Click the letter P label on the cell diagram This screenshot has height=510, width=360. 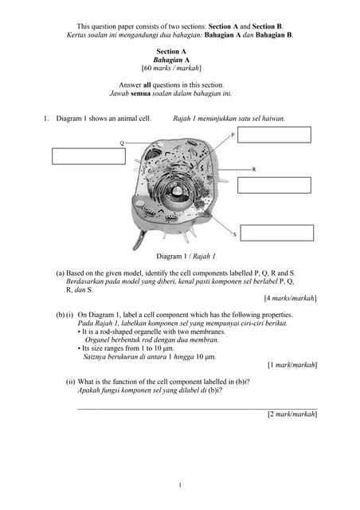tap(233, 135)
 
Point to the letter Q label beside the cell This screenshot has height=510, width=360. tap(122, 143)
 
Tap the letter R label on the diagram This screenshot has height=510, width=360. tap(254, 170)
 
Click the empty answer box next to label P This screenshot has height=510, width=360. tap(274, 135)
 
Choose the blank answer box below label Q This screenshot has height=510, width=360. tap(88, 156)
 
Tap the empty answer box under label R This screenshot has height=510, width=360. tap(274, 185)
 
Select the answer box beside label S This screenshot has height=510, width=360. tap(276, 233)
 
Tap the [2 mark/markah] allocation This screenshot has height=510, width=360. tap(292, 414)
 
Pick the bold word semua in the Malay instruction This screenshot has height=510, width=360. tap(142, 93)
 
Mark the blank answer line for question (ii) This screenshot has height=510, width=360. tap(196, 408)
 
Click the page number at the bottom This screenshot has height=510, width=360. tap(180, 485)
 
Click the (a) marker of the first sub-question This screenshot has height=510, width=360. tap(60, 273)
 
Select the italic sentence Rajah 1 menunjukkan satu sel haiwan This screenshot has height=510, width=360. tap(229, 119)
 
